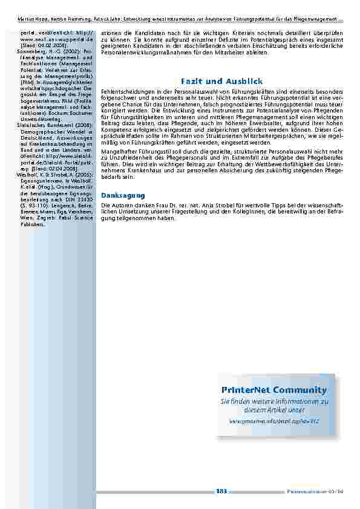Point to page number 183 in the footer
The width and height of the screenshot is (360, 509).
[x=221, y=491]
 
